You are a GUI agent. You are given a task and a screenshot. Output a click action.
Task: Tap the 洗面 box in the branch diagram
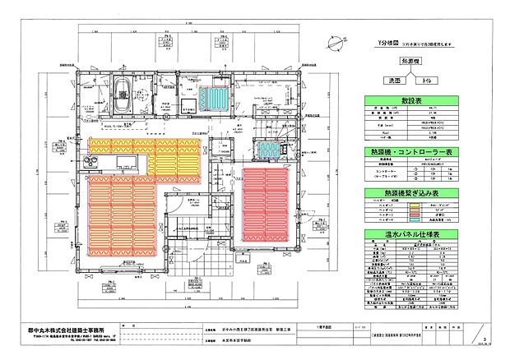(x=386, y=81)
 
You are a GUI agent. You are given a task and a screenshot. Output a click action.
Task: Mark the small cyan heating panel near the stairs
(x=269, y=150)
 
